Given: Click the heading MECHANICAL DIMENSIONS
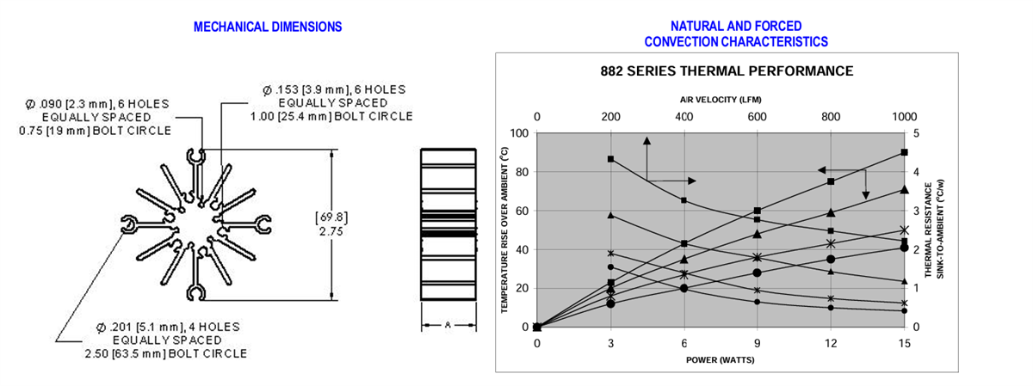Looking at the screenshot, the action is click(x=268, y=27).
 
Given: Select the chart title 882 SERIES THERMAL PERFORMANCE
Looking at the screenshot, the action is click(x=727, y=71).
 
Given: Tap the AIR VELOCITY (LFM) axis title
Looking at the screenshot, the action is click(x=721, y=100).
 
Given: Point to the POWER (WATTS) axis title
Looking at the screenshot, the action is click(x=720, y=359).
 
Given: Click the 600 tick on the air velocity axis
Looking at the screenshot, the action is click(x=758, y=117).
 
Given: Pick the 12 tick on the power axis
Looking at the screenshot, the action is click(x=831, y=343).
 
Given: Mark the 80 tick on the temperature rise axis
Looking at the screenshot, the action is click(x=519, y=172).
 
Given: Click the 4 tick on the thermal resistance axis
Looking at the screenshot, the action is click(x=916, y=172).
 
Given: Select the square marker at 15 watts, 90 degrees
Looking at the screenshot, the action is click(x=905, y=152).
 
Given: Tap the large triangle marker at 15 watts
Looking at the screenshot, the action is click(x=905, y=189).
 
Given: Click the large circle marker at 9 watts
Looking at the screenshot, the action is click(x=758, y=273).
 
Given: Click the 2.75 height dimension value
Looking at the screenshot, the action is click(x=331, y=231).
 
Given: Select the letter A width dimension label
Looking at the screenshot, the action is click(x=448, y=325).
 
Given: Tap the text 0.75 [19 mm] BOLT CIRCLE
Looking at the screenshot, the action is click(x=95, y=131).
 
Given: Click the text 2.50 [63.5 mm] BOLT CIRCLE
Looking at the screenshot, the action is click(x=165, y=353).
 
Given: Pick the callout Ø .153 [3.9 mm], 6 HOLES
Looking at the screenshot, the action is click(x=334, y=89).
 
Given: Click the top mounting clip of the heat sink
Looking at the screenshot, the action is click(x=196, y=156).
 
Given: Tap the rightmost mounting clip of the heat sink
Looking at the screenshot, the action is click(x=263, y=224).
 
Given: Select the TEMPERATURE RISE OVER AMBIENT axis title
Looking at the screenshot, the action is click(x=504, y=230).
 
